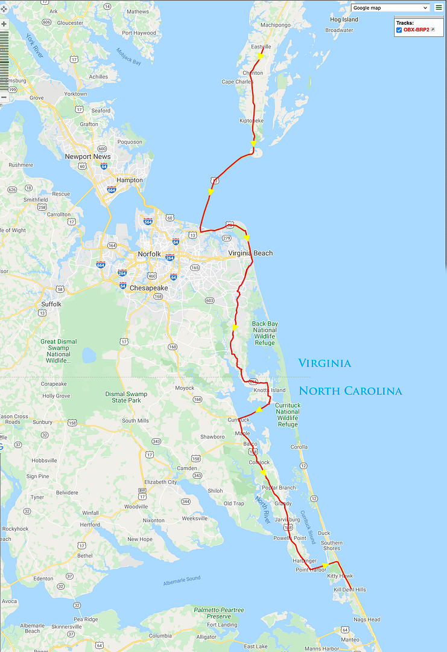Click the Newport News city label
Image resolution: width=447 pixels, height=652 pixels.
[x=88, y=156]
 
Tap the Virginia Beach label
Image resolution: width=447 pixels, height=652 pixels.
[x=250, y=254]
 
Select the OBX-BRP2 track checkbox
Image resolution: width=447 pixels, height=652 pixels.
[x=399, y=30]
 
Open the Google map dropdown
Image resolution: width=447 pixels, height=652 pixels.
[x=390, y=8]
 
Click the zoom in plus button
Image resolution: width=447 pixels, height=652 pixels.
[x=4, y=24]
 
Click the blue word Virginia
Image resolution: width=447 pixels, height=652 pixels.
[x=325, y=363]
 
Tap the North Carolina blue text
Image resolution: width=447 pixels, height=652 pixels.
[x=350, y=391]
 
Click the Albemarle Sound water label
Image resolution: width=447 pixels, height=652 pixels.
[x=182, y=581]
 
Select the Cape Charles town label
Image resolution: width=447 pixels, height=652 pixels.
[x=237, y=82]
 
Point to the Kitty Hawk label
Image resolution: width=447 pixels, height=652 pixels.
[x=340, y=576]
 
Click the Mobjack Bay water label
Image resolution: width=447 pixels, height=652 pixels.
[x=128, y=58]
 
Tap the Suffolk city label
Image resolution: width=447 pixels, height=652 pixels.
[x=51, y=304]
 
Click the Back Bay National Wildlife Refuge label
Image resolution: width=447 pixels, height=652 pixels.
[x=265, y=333]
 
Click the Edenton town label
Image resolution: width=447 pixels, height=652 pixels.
[x=43, y=578]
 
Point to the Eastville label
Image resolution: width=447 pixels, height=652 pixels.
[x=261, y=46]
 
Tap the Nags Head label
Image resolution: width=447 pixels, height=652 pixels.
[x=367, y=619]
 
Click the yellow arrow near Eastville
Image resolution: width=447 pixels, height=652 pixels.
[x=259, y=56]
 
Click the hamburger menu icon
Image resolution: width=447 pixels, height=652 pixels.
[x=439, y=8]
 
